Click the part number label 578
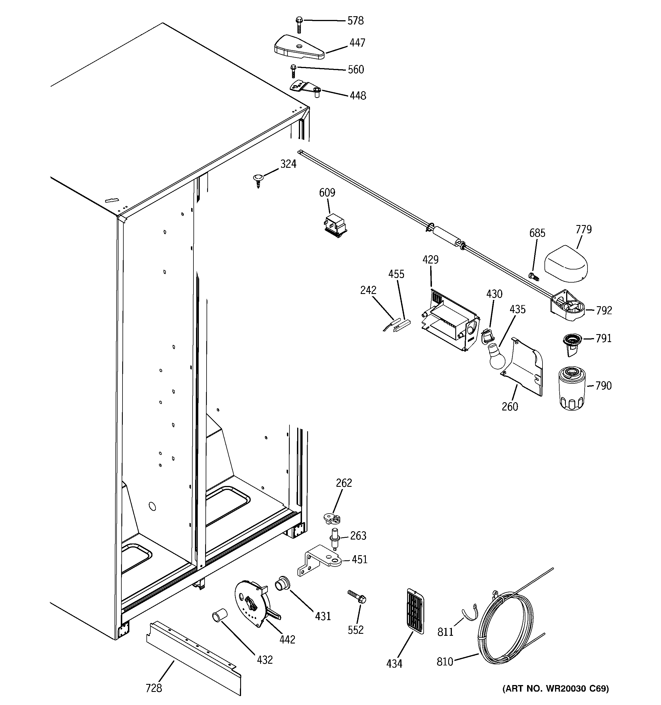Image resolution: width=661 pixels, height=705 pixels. click(x=356, y=21)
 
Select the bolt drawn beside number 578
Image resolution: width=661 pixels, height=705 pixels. click(x=299, y=25)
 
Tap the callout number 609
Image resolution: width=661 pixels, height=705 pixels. click(x=327, y=193)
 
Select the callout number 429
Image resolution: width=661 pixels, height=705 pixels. click(x=431, y=259)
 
